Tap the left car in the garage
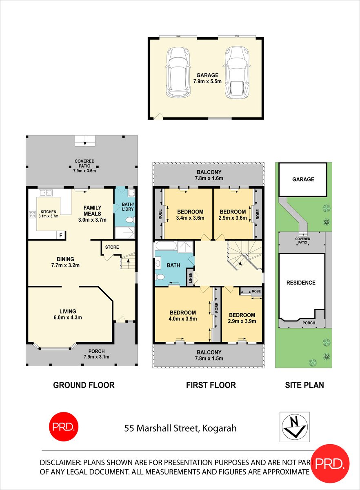[x=177, y=72]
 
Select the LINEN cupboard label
[x=190, y=278]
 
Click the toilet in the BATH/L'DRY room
[x=130, y=220]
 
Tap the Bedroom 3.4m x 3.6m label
[x=190, y=215]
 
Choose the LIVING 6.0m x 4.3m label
[x=65, y=314]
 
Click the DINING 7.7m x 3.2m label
[x=65, y=262]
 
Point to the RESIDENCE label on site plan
[x=301, y=283]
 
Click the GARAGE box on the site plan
[x=303, y=179]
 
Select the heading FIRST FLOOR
[x=211, y=385]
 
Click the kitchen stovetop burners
[x=32, y=214]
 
